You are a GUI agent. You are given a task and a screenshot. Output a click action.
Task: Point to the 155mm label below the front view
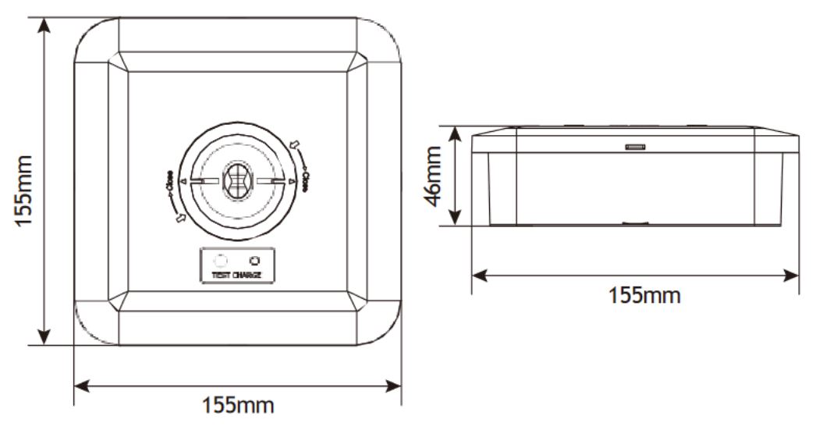tap(238, 406)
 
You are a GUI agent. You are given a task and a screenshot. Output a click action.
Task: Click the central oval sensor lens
tap(237, 182)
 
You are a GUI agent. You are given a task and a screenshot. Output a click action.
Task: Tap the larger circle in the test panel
tap(220, 261)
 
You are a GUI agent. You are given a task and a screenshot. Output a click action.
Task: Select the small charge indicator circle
tap(253, 261)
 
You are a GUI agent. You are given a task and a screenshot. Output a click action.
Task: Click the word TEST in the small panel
tap(221, 276)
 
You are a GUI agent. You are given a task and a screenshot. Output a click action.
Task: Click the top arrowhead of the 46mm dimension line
tap(458, 131)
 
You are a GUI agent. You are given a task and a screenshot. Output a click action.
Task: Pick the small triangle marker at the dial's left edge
tap(183, 182)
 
